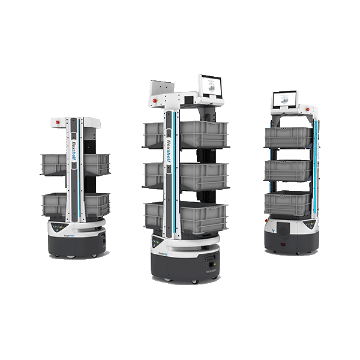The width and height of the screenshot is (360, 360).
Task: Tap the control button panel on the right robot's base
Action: [308, 225]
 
